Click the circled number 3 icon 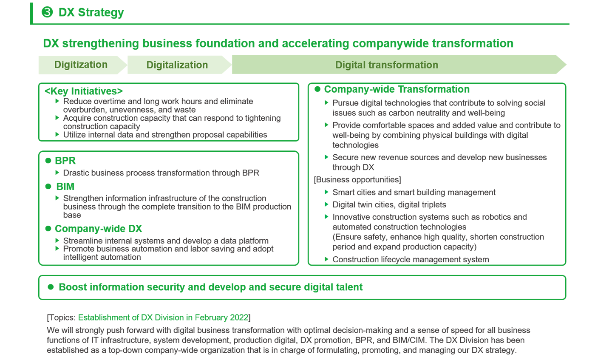47,12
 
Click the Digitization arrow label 81,65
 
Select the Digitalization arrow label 177,65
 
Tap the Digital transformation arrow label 386,65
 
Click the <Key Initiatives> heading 84,91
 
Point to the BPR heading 65,161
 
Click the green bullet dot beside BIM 48,187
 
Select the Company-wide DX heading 98,229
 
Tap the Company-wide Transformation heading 397,89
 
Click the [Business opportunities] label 357,180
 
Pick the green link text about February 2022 163,317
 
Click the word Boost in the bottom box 73,287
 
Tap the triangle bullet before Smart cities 327,192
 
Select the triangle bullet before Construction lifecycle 327,259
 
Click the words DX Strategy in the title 91,12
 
